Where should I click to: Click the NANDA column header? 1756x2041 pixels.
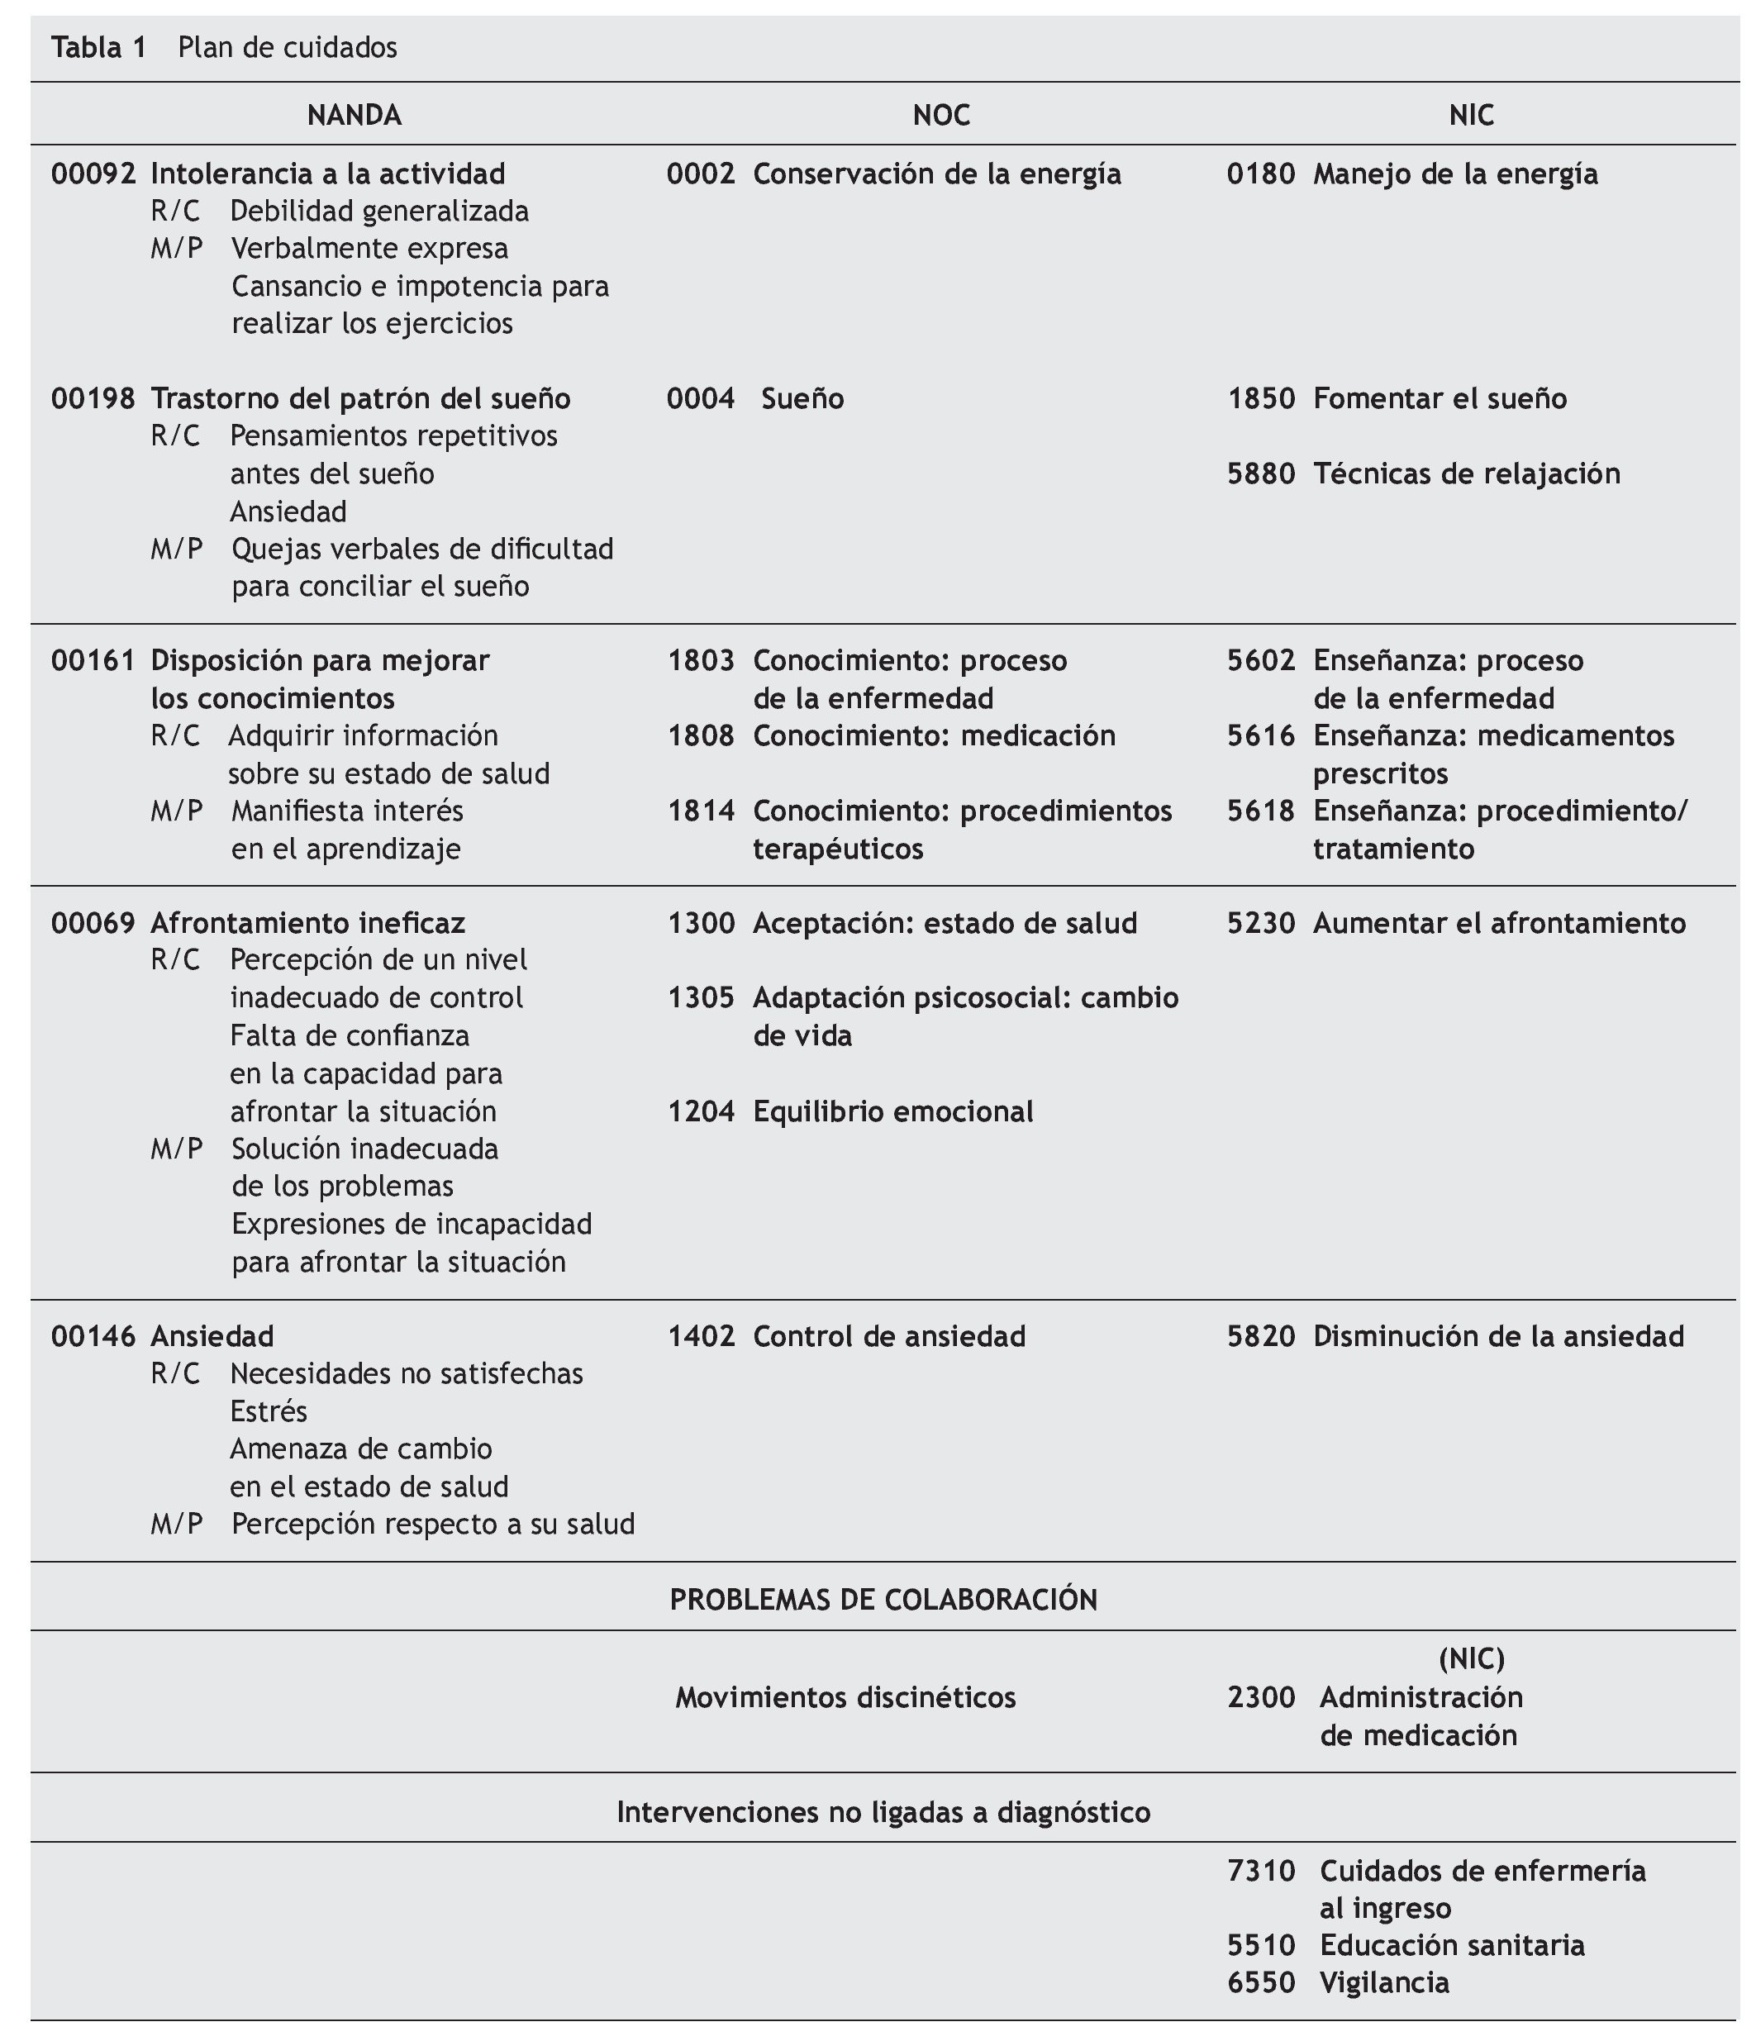point(354,115)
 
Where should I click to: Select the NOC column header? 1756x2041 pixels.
point(940,115)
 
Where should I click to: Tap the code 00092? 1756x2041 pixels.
point(93,174)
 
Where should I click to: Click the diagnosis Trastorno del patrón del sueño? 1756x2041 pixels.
point(360,398)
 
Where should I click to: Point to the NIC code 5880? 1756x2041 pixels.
point(1261,473)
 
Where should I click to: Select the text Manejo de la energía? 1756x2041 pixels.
point(1454,174)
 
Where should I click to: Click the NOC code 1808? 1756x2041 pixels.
point(700,735)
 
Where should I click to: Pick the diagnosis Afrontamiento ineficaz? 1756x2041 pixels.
point(307,923)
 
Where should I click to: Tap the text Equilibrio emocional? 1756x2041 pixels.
point(893,1111)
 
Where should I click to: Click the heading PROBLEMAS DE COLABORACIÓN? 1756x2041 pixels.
point(883,1600)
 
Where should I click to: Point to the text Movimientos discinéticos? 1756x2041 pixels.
point(845,1697)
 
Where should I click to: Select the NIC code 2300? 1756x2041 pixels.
point(1261,1697)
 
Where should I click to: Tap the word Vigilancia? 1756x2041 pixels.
point(1383,1983)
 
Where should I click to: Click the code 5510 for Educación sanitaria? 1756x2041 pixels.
point(1261,1945)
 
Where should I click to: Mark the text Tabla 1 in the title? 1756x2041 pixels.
point(98,47)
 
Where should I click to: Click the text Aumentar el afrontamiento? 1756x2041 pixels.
point(1499,923)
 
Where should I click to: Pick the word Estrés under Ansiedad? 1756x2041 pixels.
point(269,1411)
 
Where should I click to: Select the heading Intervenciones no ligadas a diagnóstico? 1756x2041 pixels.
point(883,1812)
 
